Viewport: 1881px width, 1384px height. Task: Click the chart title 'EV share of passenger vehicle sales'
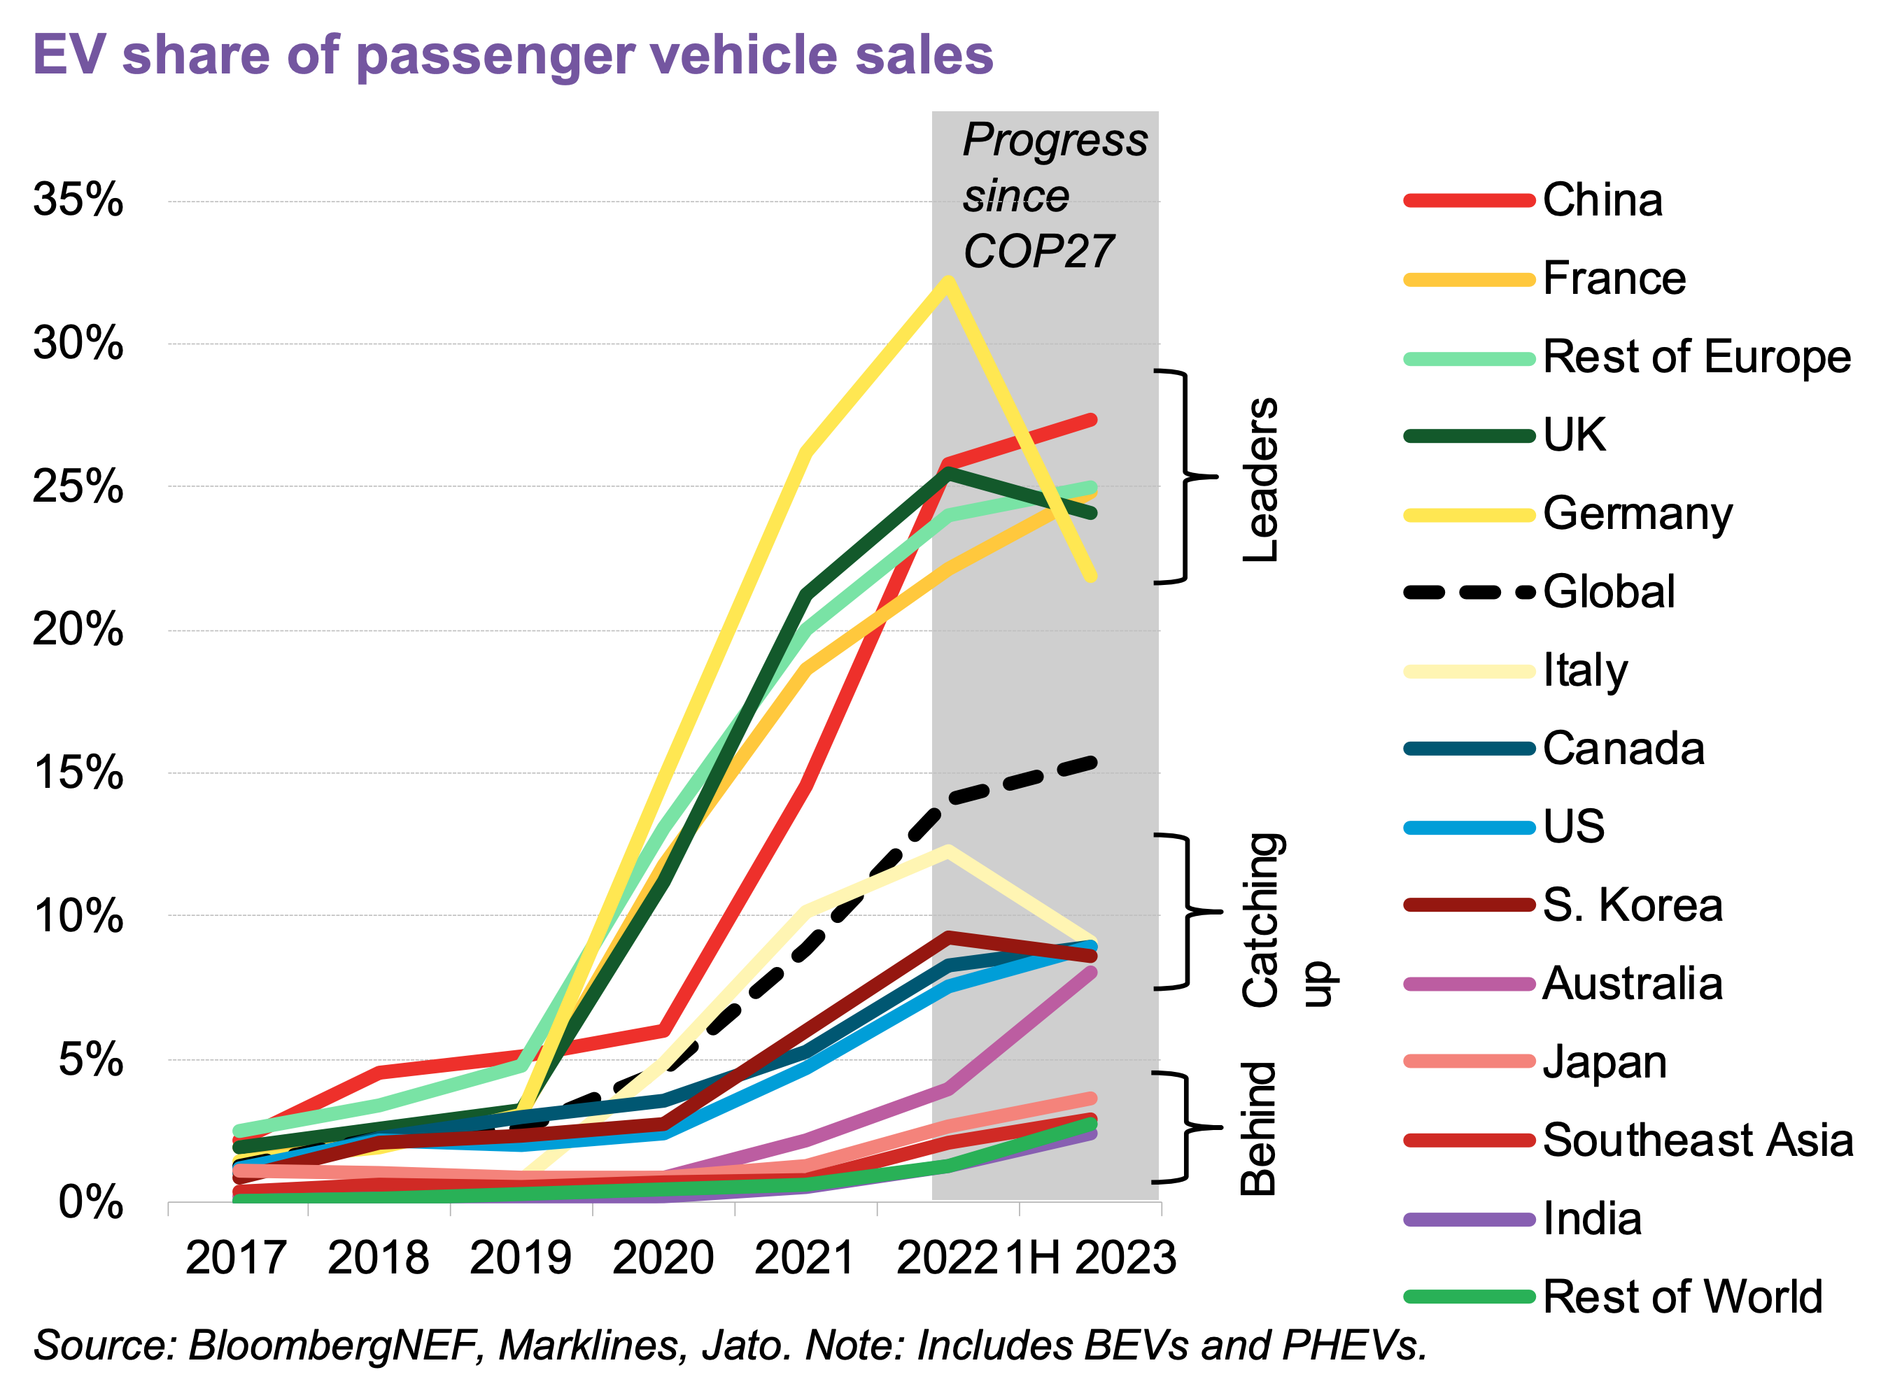513,55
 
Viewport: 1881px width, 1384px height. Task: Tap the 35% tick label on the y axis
78,200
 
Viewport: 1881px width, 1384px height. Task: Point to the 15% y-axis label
78,772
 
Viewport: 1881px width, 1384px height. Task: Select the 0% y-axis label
90,1203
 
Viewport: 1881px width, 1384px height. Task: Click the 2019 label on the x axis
521,1258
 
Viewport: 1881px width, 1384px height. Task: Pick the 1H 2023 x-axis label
1090,1258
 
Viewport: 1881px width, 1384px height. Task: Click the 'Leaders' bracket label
1260,479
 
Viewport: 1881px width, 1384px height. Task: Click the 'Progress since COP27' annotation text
1054,195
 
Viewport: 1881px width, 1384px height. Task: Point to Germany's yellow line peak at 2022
947,283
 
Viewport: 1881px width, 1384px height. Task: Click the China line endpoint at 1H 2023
1091,420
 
